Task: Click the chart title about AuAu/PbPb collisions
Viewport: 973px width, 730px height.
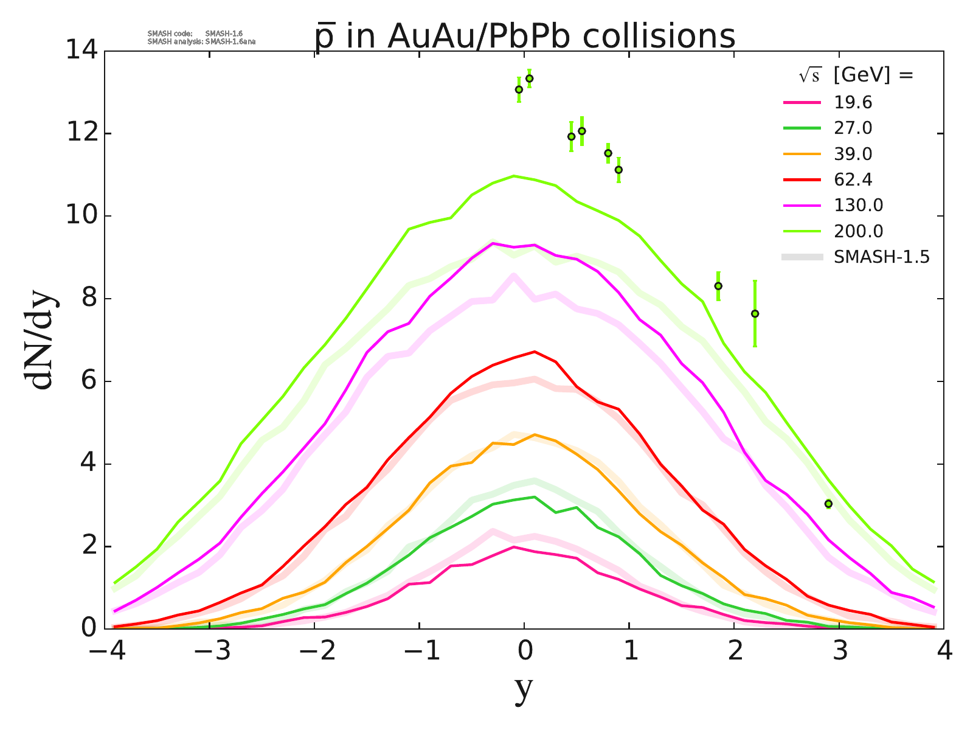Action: (524, 36)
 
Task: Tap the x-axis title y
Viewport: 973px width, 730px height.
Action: (524, 690)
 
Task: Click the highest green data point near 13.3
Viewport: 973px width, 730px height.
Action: (529, 78)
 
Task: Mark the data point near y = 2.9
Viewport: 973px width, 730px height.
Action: (828, 504)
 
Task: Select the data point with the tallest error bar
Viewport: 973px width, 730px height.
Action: (755, 314)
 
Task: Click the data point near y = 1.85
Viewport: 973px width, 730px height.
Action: (718, 286)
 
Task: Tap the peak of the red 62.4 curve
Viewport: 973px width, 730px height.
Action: (534, 352)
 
